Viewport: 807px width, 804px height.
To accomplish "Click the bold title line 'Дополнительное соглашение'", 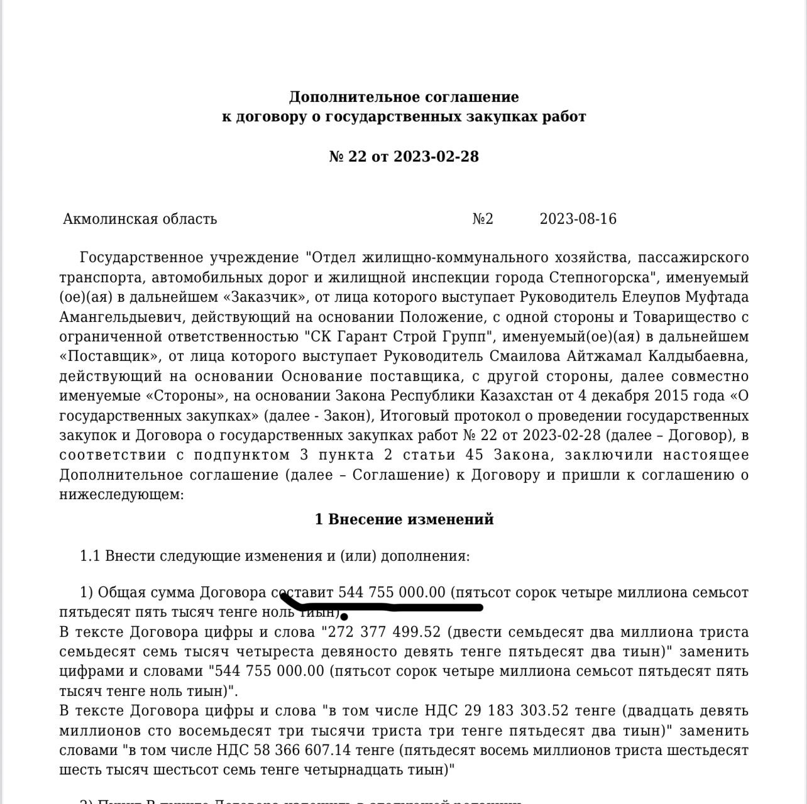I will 403,97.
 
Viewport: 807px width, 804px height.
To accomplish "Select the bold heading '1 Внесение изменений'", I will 403,519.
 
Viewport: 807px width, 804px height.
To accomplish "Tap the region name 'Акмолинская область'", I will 140,219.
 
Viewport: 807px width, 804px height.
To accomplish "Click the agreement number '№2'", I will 483,219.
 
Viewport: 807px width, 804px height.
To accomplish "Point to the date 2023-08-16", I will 578,219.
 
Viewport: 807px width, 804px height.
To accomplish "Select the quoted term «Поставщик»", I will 109,356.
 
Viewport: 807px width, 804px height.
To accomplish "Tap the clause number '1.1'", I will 91,556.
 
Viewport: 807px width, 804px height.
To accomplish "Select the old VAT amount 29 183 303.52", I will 517,711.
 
